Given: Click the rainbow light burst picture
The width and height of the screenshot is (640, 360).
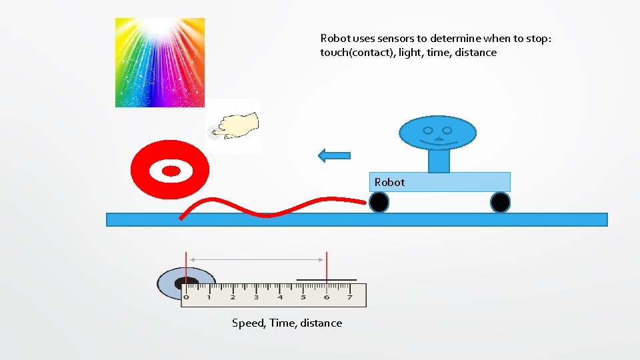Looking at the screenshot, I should click(160, 62).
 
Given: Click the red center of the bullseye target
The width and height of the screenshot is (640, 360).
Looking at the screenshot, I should click(171, 171).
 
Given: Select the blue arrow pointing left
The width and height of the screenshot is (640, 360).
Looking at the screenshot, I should click(335, 155).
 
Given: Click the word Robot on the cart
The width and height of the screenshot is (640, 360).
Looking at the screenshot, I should click(389, 182).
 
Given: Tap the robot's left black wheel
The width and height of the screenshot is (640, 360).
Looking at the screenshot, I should click(379, 202).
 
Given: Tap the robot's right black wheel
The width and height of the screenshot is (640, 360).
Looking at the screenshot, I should click(500, 202).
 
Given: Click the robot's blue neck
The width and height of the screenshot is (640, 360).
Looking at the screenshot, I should click(439, 161).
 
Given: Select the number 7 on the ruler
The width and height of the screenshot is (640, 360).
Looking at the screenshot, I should click(349, 297).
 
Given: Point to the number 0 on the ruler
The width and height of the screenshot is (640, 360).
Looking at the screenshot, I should click(186, 297).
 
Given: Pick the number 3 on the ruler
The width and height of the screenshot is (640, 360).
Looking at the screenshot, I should click(256, 297).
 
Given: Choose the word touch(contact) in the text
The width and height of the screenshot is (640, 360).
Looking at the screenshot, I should click(357, 53).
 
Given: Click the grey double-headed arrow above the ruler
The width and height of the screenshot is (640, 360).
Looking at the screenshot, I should click(256, 259).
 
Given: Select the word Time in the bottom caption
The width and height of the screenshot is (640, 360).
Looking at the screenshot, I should click(283, 323).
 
